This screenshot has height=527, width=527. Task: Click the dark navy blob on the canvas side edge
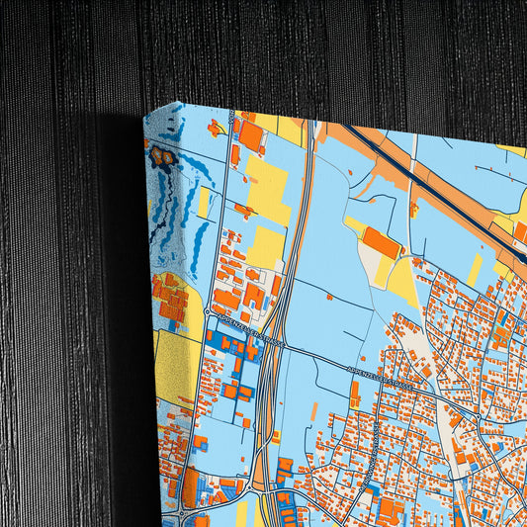[x=161, y=155]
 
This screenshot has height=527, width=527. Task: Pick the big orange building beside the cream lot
[x=381, y=242]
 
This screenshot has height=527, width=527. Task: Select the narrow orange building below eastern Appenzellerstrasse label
[x=354, y=395]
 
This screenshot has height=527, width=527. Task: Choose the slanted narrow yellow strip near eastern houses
[x=476, y=269]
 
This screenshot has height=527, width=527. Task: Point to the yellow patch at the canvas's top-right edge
[x=514, y=150]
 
